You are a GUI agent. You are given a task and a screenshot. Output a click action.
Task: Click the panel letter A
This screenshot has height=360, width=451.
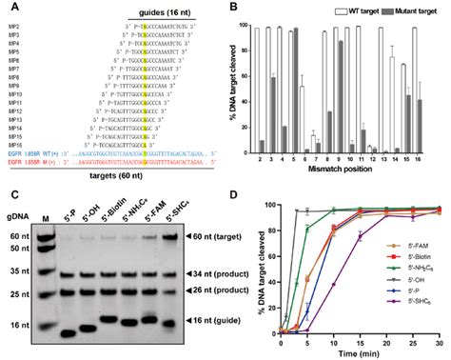(9, 8)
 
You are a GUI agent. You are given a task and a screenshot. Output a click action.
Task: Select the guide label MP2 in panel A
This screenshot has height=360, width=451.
(13, 31)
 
